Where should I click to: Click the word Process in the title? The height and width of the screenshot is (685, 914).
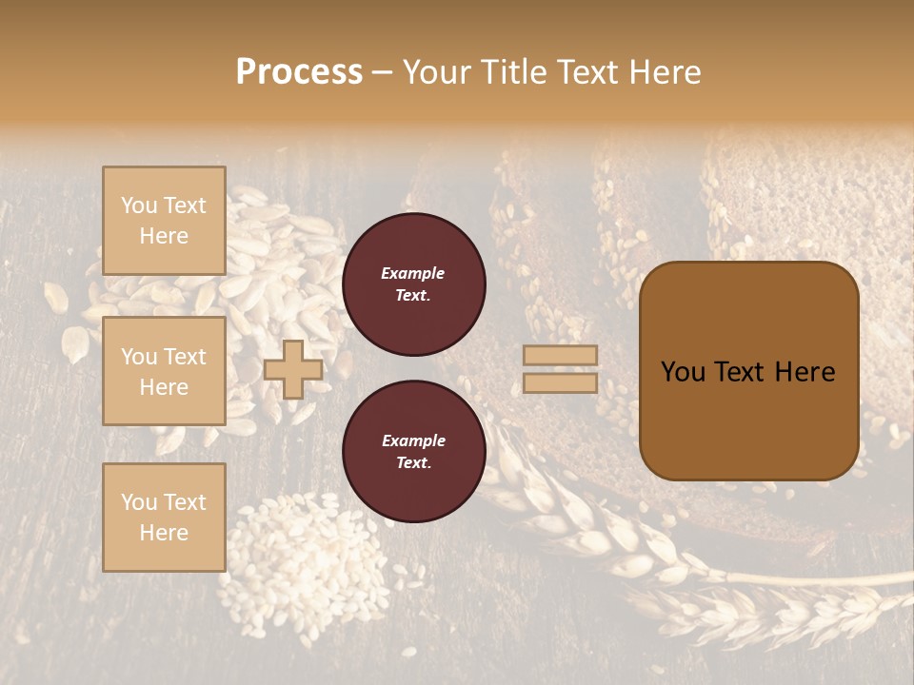pyautogui.click(x=299, y=72)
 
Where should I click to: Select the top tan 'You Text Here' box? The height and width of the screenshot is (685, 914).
pyautogui.click(x=164, y=221)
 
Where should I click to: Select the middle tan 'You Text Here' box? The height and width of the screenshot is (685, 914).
pyautogui.click(x=164, y=371)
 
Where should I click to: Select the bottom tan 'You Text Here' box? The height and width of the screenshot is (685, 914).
pyautogui.click(x=164, y=518)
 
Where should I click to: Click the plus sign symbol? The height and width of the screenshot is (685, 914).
pyautogui.click(x=293, y=369)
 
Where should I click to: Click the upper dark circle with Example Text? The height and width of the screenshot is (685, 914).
pyautogui.click(x=413, y=284)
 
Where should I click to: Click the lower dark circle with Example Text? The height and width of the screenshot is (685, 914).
pyautogui.click(x=413, y=452)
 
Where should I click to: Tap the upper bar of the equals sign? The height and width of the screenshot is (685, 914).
pyautogui.click(x=561, y=356)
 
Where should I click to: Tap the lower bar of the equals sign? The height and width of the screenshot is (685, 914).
pyautogui.click(x=561, y=383)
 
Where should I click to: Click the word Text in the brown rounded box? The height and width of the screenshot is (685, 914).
pyautogui.click(x=748, y=372)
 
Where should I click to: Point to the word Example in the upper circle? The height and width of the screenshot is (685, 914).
pyautogui.click(x=413, y=273)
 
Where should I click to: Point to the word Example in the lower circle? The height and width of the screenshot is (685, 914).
pyautogui.click(x=413, y=440)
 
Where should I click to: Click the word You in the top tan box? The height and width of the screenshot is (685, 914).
pyautogui.click(x=139, y=205)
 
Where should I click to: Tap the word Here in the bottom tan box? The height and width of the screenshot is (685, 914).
pyautogui.click(x=164, y=533)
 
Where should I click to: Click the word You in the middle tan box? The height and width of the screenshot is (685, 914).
pyautogui.click(x=139, y=357)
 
